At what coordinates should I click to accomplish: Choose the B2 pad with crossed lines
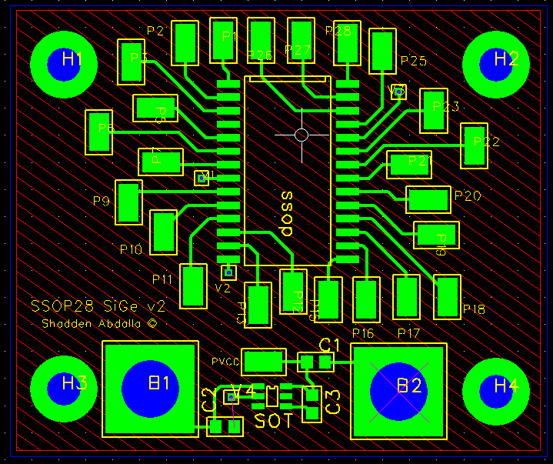398,391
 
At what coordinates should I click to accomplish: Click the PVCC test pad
265,362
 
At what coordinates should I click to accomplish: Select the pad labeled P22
474,146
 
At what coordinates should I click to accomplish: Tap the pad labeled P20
428,200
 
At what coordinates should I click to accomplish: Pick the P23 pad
433,111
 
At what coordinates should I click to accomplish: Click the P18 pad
446,298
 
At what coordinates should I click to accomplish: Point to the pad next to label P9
128,202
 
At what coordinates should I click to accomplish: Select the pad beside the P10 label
163,231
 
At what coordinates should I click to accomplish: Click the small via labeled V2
228,272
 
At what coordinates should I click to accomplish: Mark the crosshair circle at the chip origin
301,135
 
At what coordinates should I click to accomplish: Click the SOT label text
273,421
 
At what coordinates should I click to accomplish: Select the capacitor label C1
330,343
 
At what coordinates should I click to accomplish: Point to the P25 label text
413,61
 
